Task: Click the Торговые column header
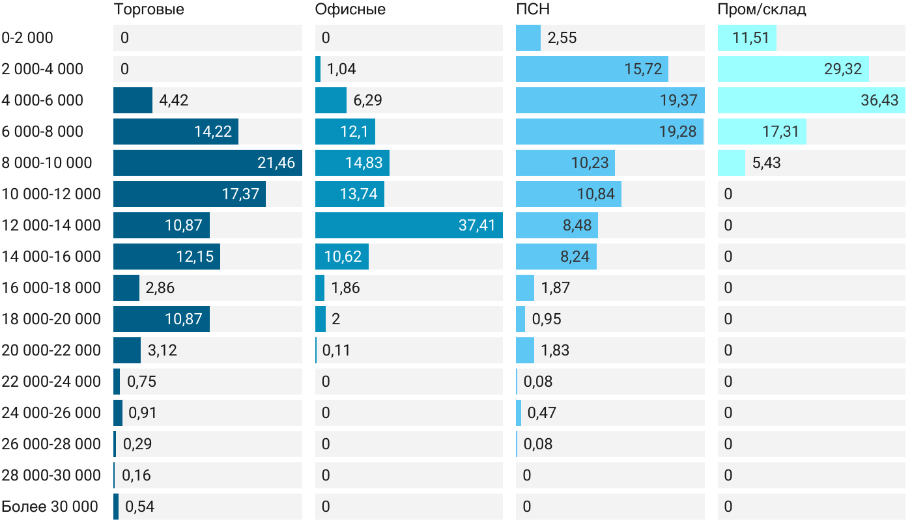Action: tap(149, 10)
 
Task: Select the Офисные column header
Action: tap(350, 10)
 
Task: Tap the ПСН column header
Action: tap(533, 10)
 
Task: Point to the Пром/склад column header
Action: tap(762, 10)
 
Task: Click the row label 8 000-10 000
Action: tap(47, 163)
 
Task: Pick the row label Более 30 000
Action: tap(50, 507)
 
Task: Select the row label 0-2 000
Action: tap(27, 38)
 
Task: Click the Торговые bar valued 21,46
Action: tap(208, 163)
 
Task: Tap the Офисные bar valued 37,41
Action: tap(408, 225)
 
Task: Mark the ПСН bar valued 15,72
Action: tap(591, 69)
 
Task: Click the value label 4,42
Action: tap(174, 100)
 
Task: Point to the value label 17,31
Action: tap(780, 132)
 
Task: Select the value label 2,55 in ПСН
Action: tap(562, 38)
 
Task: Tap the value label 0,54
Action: tap(139, 507)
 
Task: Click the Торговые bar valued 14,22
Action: tap(175, 132)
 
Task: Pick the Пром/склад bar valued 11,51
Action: tap(747, 38)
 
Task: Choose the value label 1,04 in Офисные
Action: tap(341, 69)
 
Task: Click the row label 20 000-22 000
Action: tap(51, 350)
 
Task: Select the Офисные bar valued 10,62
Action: tap(341, 257)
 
